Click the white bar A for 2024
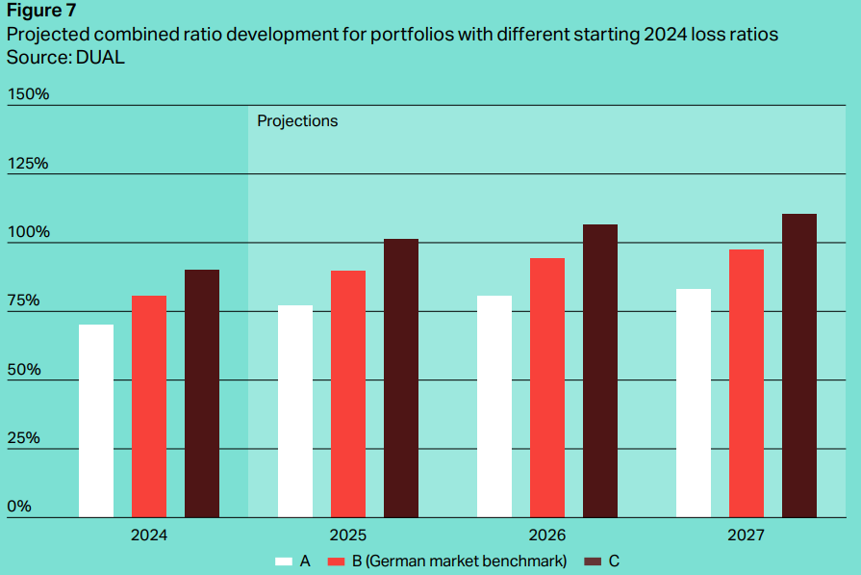pos(96,421)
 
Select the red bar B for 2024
pos(149,406)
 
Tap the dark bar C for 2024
pos(202,393)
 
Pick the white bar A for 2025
pos(295,411)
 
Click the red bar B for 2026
pos(547,387)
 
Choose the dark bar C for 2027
pos(799,365)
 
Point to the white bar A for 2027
pos(694,403)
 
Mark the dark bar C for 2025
pos(401,378)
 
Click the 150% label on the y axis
pos(28,94)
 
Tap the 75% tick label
pos(24,301)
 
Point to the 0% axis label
pos(20,507)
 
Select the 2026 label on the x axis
pos(547,535)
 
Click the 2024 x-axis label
pos(149,535)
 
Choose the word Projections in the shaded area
pos(297,121)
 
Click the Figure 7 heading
pos(41,12)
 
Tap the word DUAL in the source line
pos(99,58)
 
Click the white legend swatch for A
pos(284,561)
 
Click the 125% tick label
pos(28,163)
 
